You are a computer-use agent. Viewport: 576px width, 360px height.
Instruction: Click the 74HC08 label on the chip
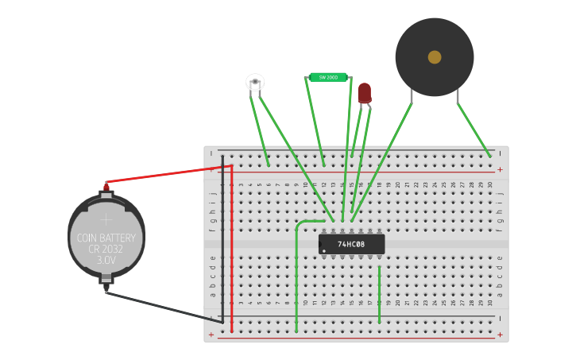click(351, 244)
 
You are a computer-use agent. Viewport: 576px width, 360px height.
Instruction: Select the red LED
click(364, 93)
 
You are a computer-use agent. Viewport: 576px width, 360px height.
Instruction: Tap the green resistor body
click(328, 77)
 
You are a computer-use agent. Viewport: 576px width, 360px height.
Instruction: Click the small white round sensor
click(255, 82)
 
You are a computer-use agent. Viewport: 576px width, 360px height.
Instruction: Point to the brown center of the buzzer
click(435, 57)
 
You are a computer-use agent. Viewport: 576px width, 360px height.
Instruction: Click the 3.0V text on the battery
click(106, 260)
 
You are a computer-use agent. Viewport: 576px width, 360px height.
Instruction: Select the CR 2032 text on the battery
click(106, 249)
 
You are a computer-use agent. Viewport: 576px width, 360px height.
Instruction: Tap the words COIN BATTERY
click(106, 238)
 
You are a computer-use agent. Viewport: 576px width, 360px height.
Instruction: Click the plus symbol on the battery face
click(106, 219)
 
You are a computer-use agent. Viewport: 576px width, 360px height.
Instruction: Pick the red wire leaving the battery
click(167, 174)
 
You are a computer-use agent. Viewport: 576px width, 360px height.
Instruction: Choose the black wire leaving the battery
click(163, 306)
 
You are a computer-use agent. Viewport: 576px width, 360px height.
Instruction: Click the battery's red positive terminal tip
click(106, 187)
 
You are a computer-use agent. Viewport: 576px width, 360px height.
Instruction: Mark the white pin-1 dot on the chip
click(324, 251)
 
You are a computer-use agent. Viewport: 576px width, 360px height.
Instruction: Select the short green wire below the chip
click(380, 294)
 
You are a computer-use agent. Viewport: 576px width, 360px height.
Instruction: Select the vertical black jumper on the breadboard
click(222, 238)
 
